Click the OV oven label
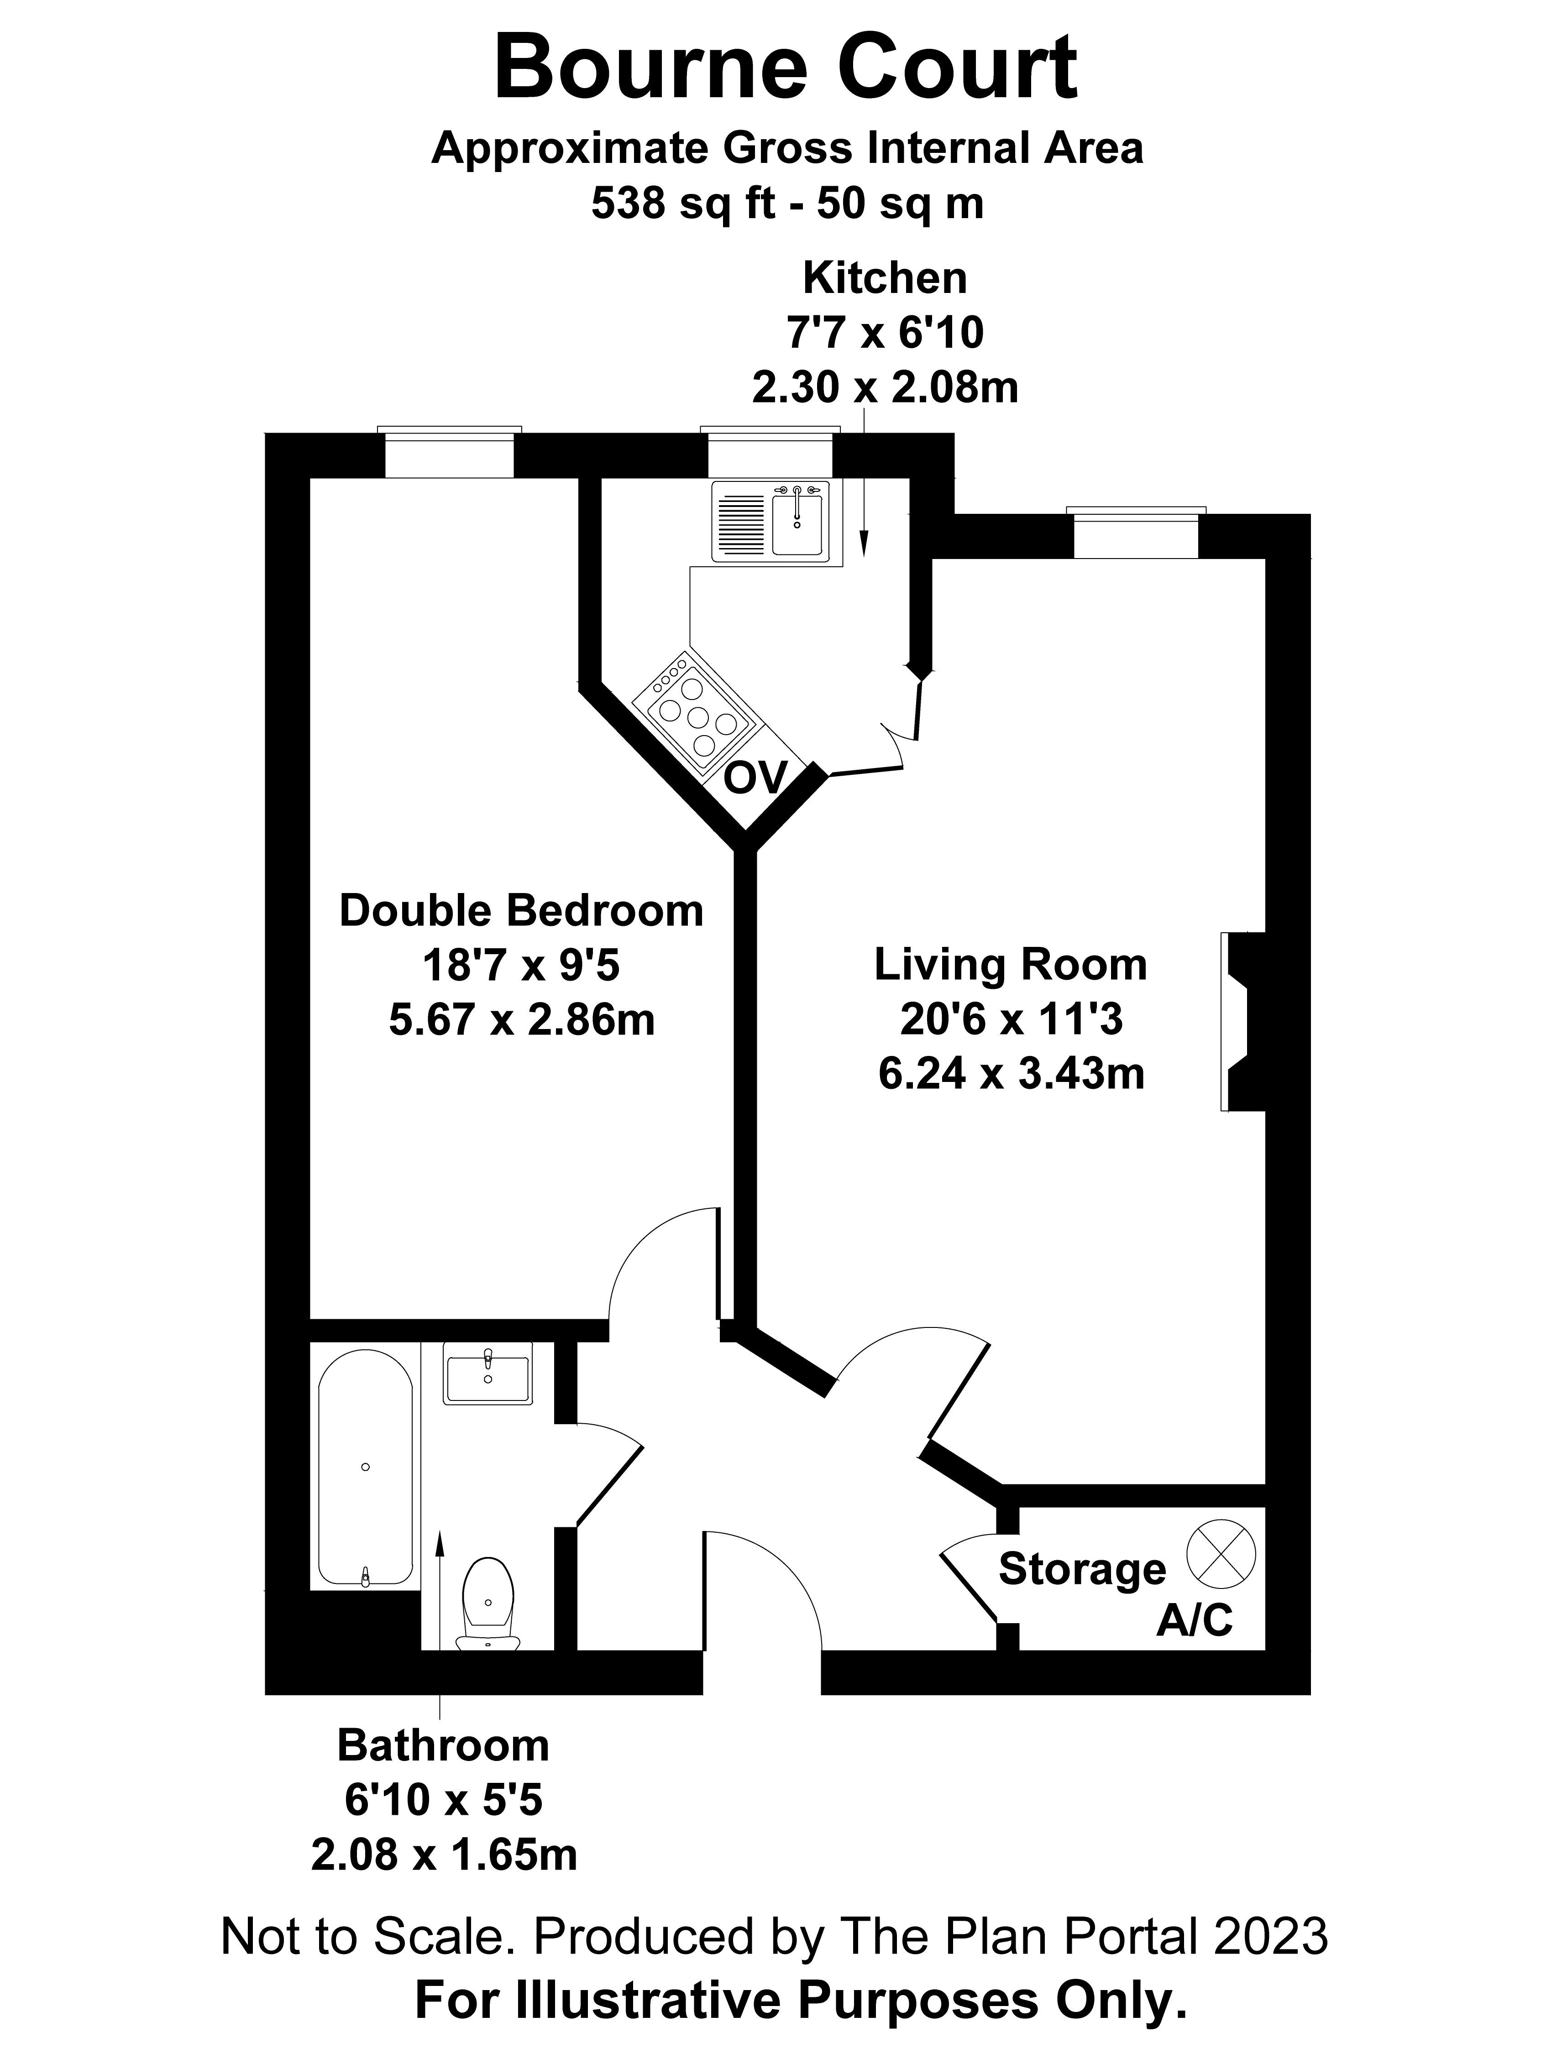(755, 778)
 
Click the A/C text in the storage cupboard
(1194, 1620)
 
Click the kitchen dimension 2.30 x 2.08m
(885, 387)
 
